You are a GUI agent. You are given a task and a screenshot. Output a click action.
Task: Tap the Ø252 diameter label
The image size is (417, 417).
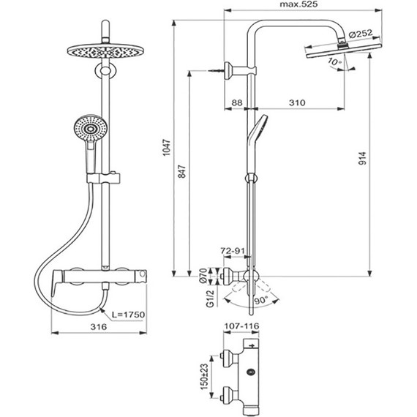tap(363, 34)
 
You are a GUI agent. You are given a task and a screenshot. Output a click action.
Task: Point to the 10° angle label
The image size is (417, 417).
tap(335, 63)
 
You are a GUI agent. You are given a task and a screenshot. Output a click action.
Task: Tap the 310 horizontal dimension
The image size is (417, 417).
tap(296, 103)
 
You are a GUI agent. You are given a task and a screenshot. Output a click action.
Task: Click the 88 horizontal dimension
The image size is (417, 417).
tap(236, 103)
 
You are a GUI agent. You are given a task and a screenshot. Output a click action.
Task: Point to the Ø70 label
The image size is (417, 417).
tap(203, 275)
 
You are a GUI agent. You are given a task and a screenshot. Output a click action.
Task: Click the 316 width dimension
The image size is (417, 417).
tap(99, 326)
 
